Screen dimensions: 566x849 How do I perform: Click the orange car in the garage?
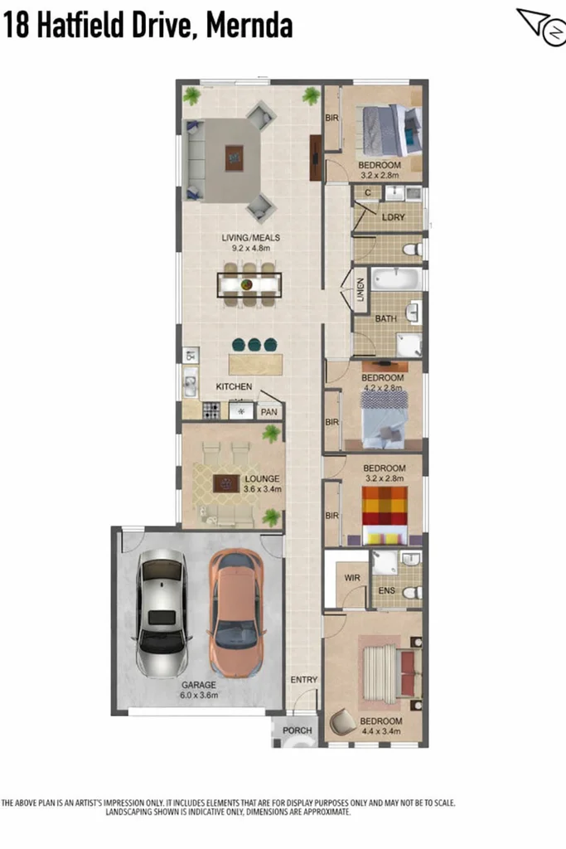point(236,613)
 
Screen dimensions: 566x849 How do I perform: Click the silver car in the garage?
point(162,613)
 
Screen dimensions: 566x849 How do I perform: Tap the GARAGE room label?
point(199,685)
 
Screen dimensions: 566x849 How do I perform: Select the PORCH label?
point(297,730)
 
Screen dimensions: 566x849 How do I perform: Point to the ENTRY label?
point(304,680)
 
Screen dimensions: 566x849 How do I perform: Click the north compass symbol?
point(542,27)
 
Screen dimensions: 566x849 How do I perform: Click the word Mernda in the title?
point(249,26)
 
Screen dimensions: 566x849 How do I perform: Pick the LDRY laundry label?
point(394,217)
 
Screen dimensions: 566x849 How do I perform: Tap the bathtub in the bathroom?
point(397,279)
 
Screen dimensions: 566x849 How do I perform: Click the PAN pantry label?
point(269,412)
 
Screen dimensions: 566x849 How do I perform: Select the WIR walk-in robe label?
point(352,578)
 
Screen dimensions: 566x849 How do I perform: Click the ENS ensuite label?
point(387,590)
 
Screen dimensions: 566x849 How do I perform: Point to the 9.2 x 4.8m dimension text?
point(251,248)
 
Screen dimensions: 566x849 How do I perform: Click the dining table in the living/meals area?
point(249,285)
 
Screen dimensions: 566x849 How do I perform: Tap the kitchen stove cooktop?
point(211,410)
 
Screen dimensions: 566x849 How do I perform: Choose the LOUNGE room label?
point(262,478)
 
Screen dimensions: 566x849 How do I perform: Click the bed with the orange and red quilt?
point(385,515)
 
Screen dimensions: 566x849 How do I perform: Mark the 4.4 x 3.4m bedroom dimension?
point(381,731)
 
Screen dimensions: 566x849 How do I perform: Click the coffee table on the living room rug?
point(234,158)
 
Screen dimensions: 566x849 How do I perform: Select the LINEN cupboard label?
point(361,289)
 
